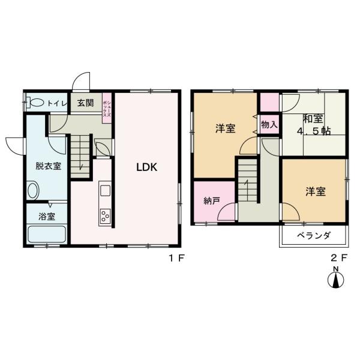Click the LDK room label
[x=146, y=167]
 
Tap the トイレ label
[x=58, y=103]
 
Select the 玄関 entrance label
[x=85, y=103]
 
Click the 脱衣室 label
[x=48, y=166]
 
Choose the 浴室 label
[x=47, y=216]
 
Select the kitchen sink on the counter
[x=105, y=191]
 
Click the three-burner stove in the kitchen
[x=105, y=215]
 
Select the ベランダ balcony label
[x=314, y=236]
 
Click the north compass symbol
[x=337, y=280]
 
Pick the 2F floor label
[x=340, y=259]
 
